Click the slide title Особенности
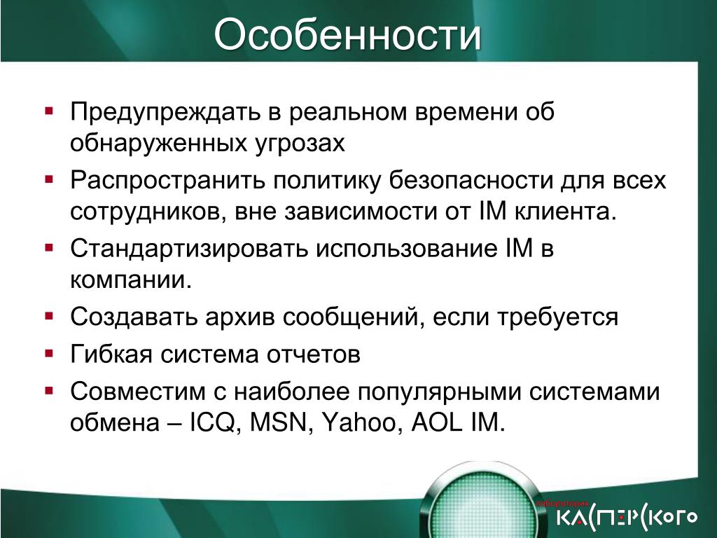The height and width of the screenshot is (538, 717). tap(347, 35)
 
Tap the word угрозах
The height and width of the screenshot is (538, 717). tap(299, 144)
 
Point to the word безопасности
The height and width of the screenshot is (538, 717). tap(471, 180)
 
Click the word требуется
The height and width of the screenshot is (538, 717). tap(557, 317)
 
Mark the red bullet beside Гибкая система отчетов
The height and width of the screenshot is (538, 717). tap(50, 353)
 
